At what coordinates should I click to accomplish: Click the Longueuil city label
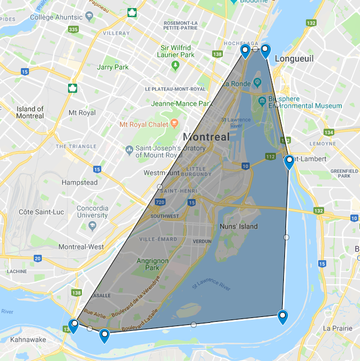click(x=294, y=58)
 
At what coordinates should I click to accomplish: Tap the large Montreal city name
click(x=206, y=137)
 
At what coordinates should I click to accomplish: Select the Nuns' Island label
click(x=239, y=226)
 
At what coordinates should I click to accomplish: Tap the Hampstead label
click(x=79, y=182)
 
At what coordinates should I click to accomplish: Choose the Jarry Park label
click(x=112, y=68)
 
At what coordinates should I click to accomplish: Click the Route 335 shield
click(x=73, y=29)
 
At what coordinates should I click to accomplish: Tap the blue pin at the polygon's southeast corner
click(x=282, y=316)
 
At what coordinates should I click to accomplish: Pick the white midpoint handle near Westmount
click(x=160, y=187)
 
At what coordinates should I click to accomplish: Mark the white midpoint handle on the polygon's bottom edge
click(x=193, y=325)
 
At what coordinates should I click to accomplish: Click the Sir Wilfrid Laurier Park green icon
click(x=175, y=65)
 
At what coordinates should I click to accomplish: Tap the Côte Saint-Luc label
click(x=41, y=212)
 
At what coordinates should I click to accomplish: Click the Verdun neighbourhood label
click(x=202, y=241)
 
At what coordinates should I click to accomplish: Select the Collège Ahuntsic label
click(x=56, y=17)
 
